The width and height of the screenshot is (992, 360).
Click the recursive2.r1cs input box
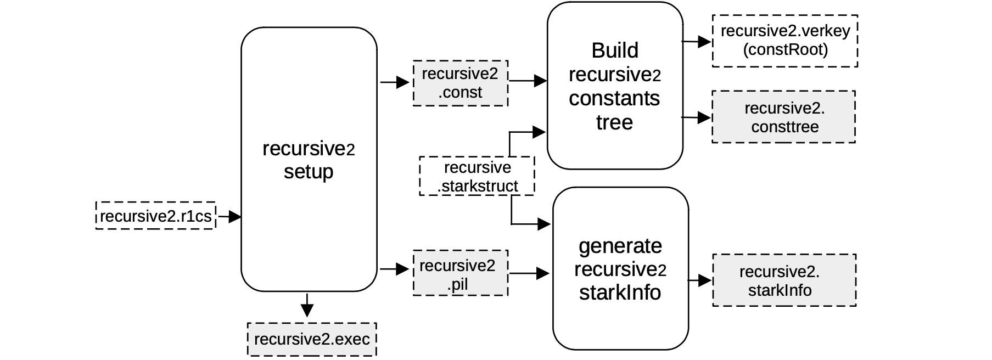point(155,216)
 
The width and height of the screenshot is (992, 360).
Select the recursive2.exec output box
point(312,339)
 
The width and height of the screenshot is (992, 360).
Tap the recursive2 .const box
point(460,83)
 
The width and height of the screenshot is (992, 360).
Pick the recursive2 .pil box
point(460,273)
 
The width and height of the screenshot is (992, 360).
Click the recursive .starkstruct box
point(477,176)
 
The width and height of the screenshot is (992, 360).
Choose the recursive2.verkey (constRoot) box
point(784,41)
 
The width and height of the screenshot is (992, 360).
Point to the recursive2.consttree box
point(783,117)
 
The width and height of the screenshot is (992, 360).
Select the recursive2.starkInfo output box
point(783,280)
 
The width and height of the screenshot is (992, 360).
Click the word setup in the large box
point(309,172)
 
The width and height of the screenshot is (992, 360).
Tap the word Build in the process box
point(615,50)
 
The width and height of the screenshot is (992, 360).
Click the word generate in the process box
point(620,245)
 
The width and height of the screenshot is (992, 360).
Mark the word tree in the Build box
point(614,122)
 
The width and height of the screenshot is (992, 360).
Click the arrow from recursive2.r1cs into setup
point(229,216)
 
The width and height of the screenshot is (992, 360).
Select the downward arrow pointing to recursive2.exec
point(307,305)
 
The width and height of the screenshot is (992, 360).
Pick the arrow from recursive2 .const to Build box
point(528,81)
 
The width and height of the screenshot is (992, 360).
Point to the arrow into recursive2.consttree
point(697,117)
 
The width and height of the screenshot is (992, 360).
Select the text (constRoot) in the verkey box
point(785,50)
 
